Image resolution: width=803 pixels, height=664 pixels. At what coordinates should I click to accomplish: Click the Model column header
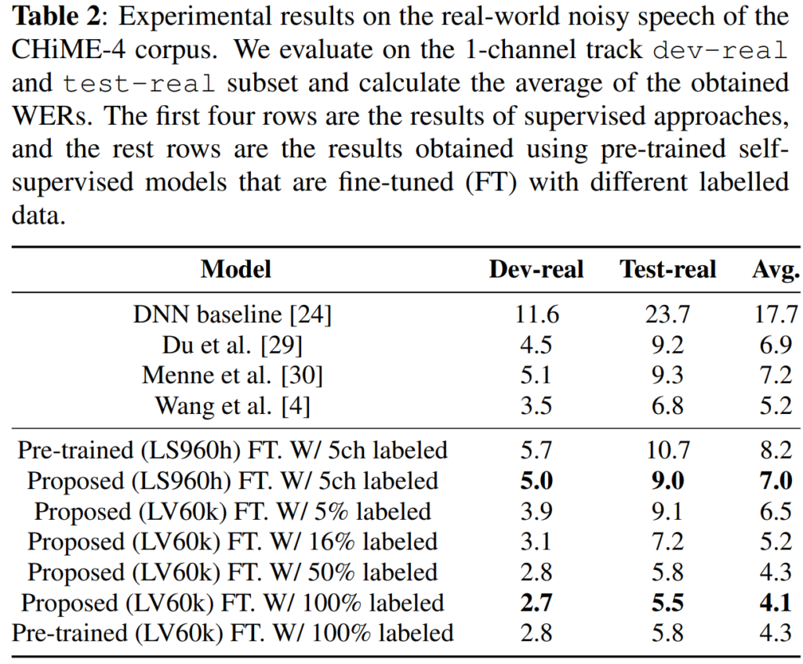point(235,270)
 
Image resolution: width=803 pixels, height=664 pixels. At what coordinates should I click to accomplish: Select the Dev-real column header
point(536,270)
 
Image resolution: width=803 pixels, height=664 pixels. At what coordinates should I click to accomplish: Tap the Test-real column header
point(668,270)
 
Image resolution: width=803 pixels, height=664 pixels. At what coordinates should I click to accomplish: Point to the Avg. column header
point(776,270)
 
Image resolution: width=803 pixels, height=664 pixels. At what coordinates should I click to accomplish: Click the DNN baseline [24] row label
point(233,315)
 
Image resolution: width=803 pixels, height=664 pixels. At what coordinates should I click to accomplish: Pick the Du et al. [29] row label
point(233,345)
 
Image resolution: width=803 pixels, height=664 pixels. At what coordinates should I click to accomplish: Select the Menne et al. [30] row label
point(233,376)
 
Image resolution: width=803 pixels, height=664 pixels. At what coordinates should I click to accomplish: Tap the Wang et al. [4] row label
point(233,405)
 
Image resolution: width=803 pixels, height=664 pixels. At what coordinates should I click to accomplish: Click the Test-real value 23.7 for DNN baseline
point(668,315)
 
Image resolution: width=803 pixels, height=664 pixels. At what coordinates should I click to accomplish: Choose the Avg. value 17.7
point(776,315)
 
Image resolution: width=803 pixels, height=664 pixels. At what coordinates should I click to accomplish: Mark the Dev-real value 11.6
point(536,315)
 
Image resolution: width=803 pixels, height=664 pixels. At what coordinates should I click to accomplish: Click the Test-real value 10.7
point(668,450)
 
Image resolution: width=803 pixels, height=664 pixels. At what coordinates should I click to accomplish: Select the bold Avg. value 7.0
point(776,481)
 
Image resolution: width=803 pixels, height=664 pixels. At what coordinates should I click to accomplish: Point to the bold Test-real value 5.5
point(668,602)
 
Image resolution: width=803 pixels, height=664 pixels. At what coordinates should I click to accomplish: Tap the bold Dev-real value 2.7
point(536,602)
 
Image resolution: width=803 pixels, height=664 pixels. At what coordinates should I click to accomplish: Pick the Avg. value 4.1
point(776,602)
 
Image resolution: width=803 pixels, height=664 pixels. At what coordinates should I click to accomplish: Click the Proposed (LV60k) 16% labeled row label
point(233,542)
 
